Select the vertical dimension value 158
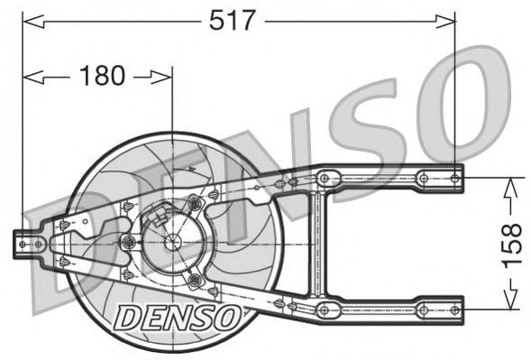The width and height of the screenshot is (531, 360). coord(511,244)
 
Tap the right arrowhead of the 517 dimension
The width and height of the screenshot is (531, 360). coord(450,18)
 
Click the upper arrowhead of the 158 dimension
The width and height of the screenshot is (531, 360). coord(511,183)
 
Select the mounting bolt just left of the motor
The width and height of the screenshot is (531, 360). coord(128,242)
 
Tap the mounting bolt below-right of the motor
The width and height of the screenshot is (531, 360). coord(193,281)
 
